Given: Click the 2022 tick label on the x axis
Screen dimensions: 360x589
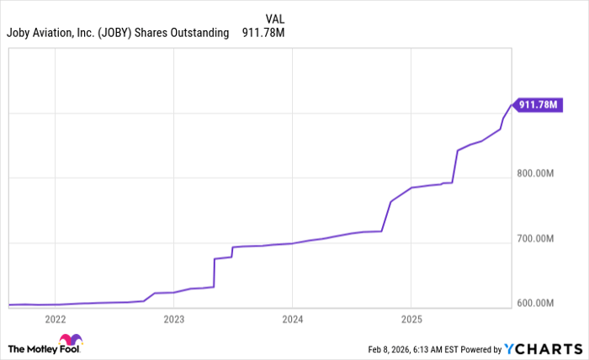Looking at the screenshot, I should (55, 319).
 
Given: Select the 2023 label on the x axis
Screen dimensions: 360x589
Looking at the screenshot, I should (173, 319).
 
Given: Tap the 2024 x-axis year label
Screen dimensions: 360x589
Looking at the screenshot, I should (292, 319).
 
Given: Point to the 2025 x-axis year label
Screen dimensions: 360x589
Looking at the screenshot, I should (411, 319).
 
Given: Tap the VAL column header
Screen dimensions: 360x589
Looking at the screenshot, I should (274, 19).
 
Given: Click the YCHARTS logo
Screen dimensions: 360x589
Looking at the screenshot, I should (544, 348).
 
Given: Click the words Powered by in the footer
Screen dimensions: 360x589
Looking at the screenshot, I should (478, 348).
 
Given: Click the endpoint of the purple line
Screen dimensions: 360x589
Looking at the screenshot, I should (511, 105).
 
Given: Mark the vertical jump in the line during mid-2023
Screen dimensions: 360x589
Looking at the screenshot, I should (215, 273).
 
